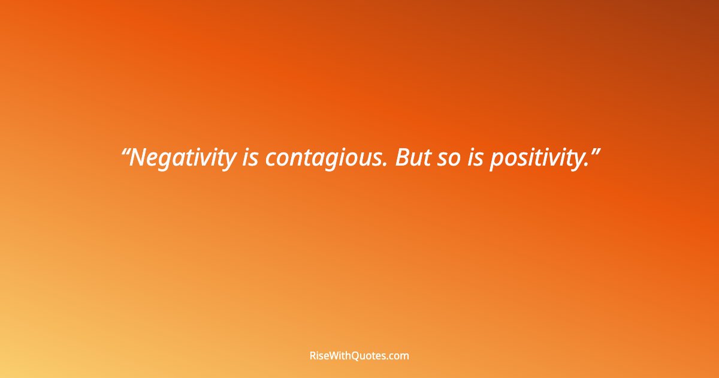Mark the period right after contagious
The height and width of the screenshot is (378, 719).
(x=389, y=166)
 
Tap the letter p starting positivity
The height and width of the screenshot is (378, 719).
(x=495, y=160)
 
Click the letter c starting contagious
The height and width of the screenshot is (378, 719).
(x=270, y=160)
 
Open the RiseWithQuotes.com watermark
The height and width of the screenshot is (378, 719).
(x=359, y=356)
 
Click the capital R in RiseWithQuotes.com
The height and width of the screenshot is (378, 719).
(x=313, y=356)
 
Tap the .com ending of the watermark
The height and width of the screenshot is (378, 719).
(x=399, y=356)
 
